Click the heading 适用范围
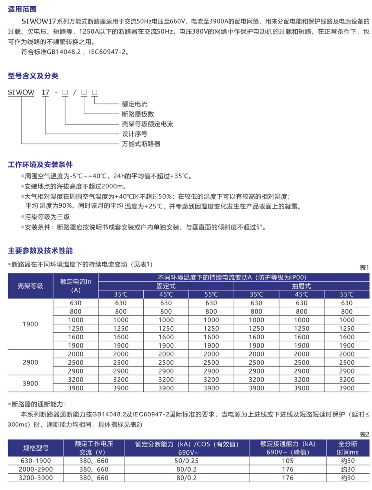[x=22, y=9]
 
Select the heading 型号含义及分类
[x=33, y=76]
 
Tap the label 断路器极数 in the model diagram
[x=138, y=114]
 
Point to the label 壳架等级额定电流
[x=147, y=124]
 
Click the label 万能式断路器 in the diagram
[x=141, y=144]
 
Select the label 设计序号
[x=134, y=134]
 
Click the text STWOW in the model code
[x=21, y=92]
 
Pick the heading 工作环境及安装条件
[x=40, y=164]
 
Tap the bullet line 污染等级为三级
[x=47, y=217]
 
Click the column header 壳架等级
[x=30, y=286]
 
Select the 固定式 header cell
[x=166, y=286]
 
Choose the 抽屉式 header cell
[x=301, y=286]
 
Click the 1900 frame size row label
[x=30, y=324]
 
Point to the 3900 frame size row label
[x=30, y=384]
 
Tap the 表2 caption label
[x=364, y=434]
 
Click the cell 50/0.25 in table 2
[x=186, y=461]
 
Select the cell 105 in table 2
[x=288, y=461]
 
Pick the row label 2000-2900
[x=36, y=469]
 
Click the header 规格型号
[x=36, y=448]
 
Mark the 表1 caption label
[x=364, y=268]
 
